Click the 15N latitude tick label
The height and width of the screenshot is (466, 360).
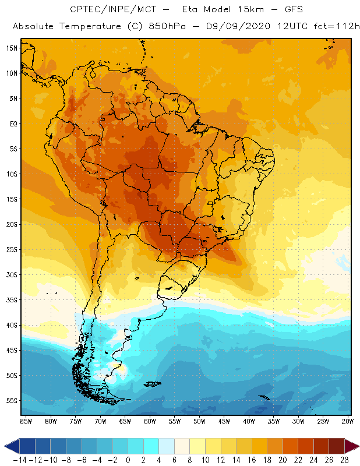11,48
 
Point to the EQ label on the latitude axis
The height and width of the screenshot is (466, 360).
12,123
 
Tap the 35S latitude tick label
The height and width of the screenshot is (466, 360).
11,300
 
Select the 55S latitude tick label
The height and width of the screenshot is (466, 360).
11,401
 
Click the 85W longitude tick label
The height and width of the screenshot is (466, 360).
26,421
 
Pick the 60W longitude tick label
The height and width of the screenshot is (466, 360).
150,421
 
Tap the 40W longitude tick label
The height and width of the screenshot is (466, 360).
249,421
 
